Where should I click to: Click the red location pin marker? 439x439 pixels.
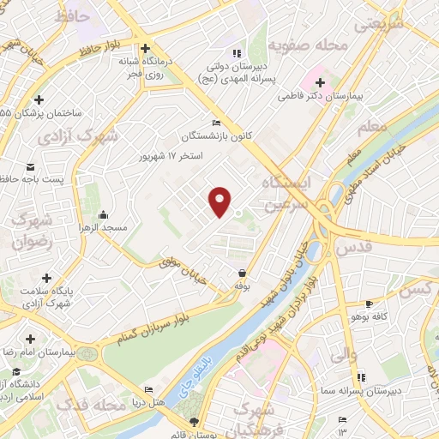[221, 201]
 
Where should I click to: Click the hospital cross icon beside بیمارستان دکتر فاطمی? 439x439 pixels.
[321, 83]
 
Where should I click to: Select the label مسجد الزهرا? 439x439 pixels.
[104, 228]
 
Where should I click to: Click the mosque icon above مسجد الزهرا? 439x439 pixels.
[104, 214]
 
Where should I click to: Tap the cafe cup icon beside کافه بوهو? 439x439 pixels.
[369, 304]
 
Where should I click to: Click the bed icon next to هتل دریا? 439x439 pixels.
[148, 388]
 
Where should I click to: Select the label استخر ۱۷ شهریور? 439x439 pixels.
[171, 157]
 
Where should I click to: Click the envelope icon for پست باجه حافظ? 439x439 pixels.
[31, 166]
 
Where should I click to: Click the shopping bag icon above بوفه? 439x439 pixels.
[244, 273]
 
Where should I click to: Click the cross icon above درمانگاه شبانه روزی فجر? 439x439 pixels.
[147, 48]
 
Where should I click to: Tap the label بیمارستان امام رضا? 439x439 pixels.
[38, 352]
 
